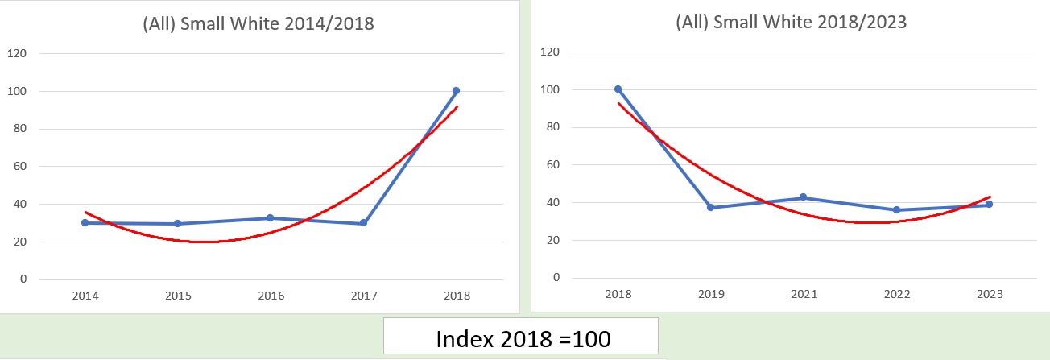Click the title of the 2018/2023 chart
point(791,22)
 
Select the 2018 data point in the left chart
point(456,91)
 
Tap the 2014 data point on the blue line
point(85,223)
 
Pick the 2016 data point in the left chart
point(271,218)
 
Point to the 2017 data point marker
point(363,223)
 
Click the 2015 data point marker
point(177,224)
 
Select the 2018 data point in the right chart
point(618,89)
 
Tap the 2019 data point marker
point(710,208)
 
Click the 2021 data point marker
point(804,198)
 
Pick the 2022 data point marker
point(896,210)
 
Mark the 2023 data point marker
point(989,205)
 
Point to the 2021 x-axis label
point(804,295)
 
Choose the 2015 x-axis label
point(177,296)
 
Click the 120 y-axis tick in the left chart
point(17,53)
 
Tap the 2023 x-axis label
point(989,295)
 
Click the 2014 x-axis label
point(85,296)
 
